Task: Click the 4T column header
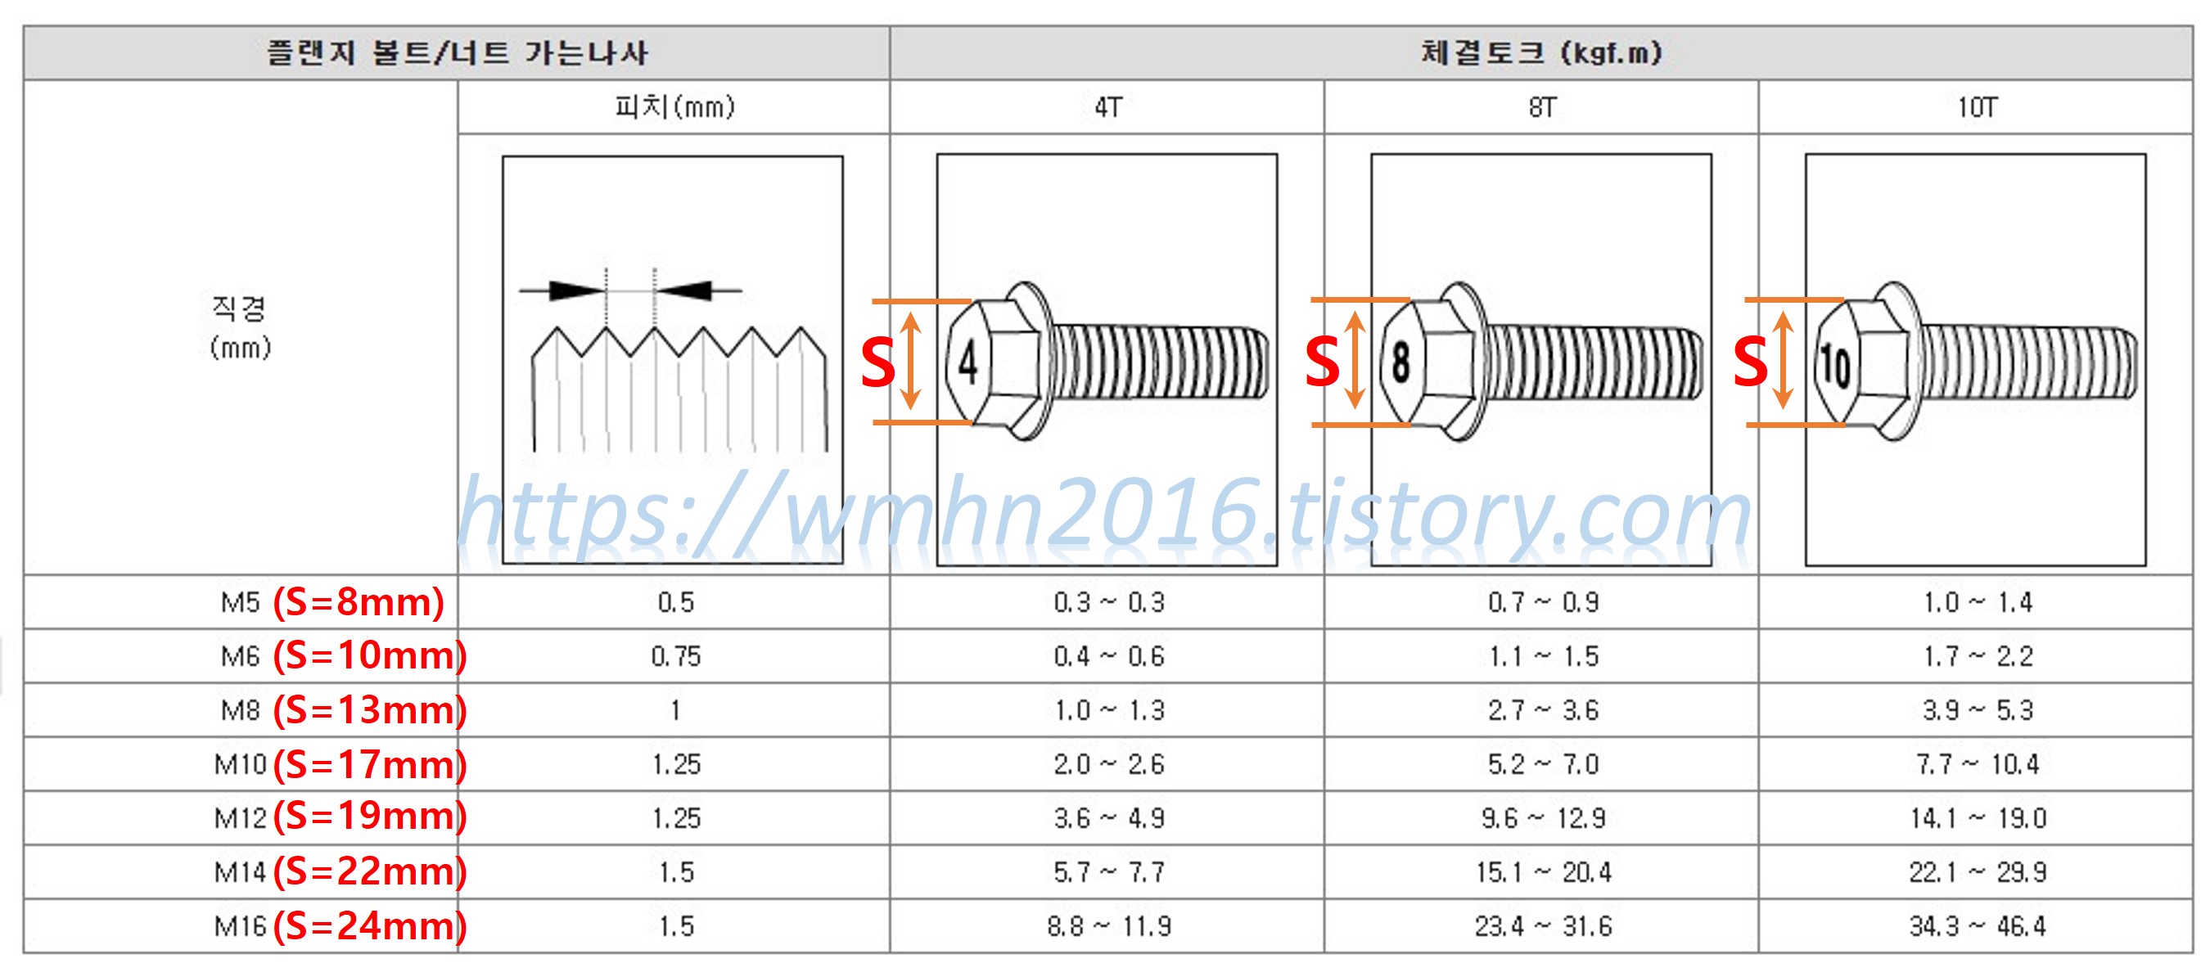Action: click(1107, 107)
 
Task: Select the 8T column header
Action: click(1542, 107)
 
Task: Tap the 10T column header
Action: click(1977, 107)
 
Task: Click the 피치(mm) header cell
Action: click(674, 106)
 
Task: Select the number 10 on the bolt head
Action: click(1835, 365)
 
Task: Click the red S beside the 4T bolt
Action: click(877, 363)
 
